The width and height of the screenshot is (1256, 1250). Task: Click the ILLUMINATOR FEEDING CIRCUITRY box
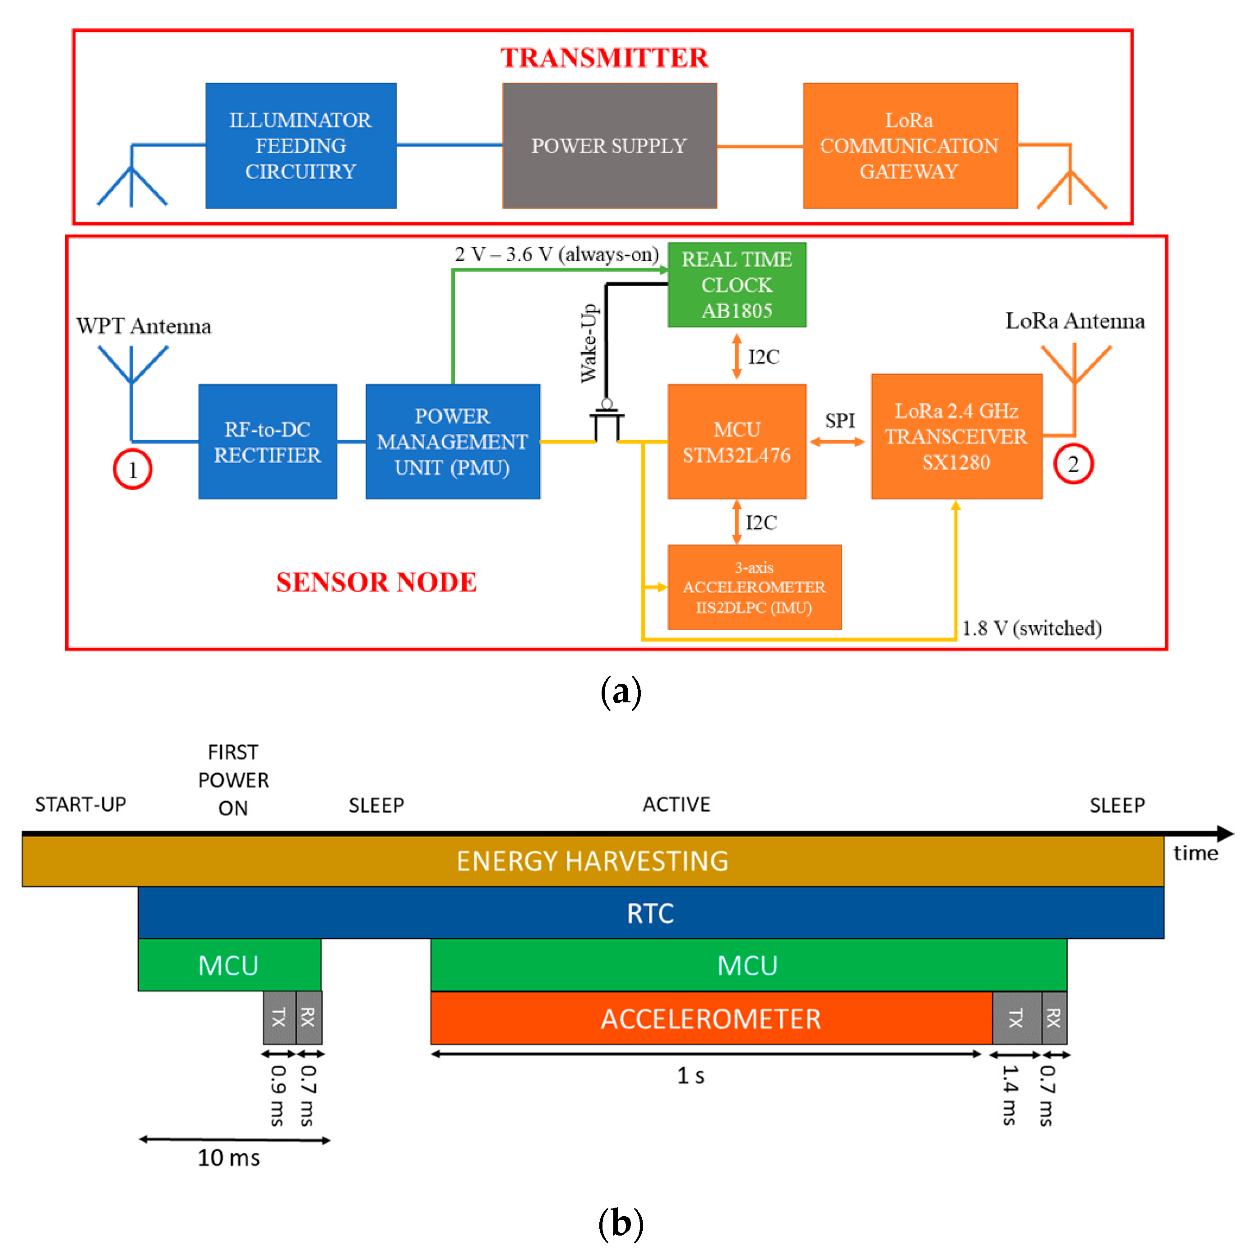[x=301, y=146]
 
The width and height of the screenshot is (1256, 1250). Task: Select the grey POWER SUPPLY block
[x=609, y=146]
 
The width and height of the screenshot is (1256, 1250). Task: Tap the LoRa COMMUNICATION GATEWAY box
[x=909, y=146]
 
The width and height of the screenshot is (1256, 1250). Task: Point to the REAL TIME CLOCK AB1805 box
[x=737, y=285]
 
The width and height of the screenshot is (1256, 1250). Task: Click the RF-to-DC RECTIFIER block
[x=267, y=442]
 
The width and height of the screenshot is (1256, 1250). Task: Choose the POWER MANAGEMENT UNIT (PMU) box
[x=453, y=442]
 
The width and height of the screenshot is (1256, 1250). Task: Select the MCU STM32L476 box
[x=737, y=442]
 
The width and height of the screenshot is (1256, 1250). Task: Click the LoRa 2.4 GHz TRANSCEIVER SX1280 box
[x=956, y=437]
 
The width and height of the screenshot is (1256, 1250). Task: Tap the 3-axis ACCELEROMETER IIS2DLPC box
[x=754, y=587]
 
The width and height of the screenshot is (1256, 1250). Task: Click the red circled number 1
[x=133, y=469]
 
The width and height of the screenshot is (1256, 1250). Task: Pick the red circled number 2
[x=1073, y=464]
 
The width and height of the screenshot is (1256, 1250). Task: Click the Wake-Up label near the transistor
[x=589, y=343]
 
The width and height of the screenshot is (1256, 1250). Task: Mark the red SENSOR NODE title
[x=376, y=582]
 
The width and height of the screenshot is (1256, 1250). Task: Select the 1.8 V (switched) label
[x=1032, y=628]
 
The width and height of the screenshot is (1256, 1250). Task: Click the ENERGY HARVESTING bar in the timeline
[x=592, y=861]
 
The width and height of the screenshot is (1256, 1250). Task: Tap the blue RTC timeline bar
[x=650, y=913]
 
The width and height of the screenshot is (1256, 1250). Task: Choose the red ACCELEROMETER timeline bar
[x=710, y=1018]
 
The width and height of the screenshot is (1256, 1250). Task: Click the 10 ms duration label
[x=229, y=1158]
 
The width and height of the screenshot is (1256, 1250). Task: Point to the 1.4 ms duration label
[x=1010, y=1095]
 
